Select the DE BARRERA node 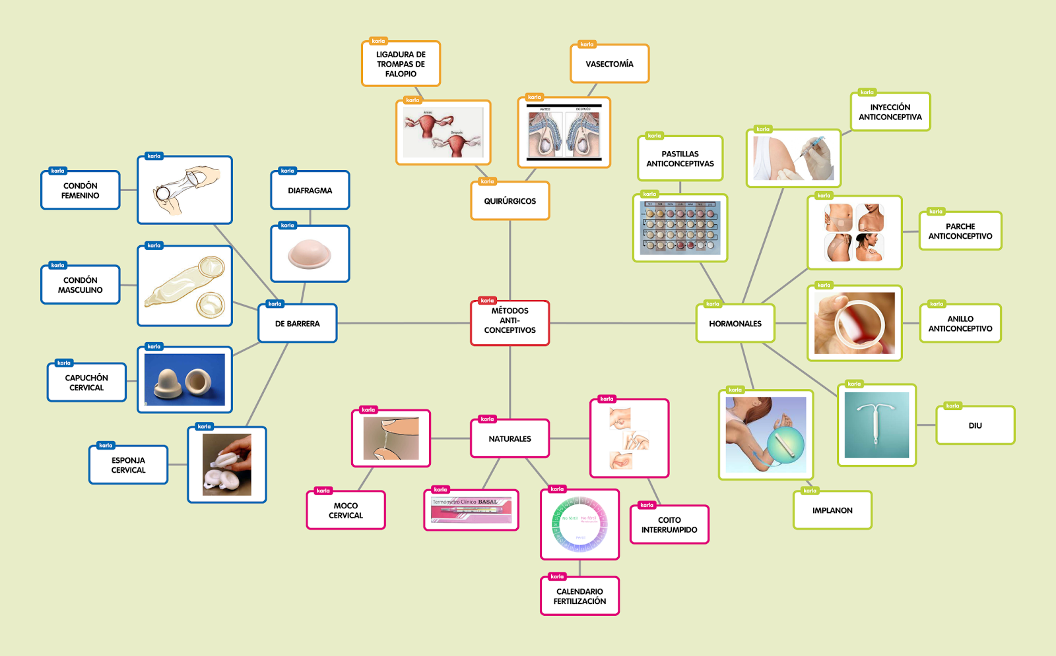click(x=297, y=324)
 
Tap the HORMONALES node click(x=735, y=324)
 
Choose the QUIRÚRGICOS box click(x=510, y=201)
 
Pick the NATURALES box click(x=510, y=438)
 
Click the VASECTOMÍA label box click(x=609, y=64)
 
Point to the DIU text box click(x=975, y=426)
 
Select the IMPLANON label click(x=832, y=510)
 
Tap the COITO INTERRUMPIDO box click(x=669, y=525)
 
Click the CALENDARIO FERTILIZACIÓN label click(x=579, y=596)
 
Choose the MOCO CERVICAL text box click(x=346, y=510)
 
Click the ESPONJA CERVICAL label click(x=128, y=465)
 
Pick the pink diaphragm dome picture click(x=310, y=254)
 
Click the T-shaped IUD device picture click(x=876, y=425)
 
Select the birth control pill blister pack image click(x=680, y=228)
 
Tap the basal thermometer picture click(x=471, y=510)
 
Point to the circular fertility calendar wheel click(x=579, y=524)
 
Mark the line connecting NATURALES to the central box click(x=510, y=382)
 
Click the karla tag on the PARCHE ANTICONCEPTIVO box click(x=935, y=212)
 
